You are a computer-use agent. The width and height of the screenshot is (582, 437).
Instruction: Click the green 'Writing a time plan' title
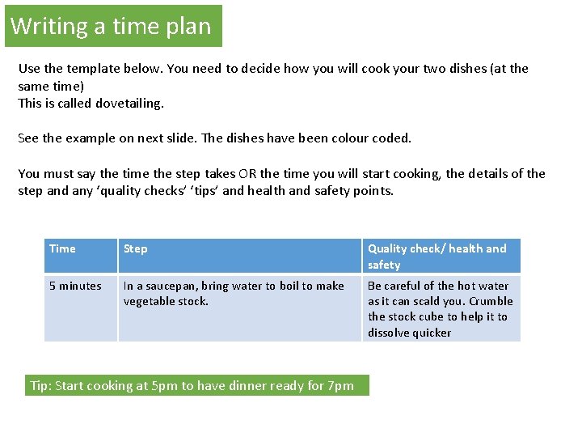click(111, 27)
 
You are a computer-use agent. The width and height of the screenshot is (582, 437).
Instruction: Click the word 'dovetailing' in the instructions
click(129, 104)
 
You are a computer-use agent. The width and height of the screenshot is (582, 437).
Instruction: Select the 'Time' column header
click(62, 248)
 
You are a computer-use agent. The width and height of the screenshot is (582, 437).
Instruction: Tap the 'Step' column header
click(136, 248)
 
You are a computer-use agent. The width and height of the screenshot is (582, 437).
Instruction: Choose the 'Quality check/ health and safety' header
click(436, 257)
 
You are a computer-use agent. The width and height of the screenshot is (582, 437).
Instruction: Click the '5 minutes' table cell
click(75, 286)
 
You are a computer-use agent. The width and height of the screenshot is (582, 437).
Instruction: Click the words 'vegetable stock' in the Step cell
click(166, 301)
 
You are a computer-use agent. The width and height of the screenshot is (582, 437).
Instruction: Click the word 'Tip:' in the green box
click(41, 386)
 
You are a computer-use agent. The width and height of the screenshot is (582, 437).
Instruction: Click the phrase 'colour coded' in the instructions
click(374, 138)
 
